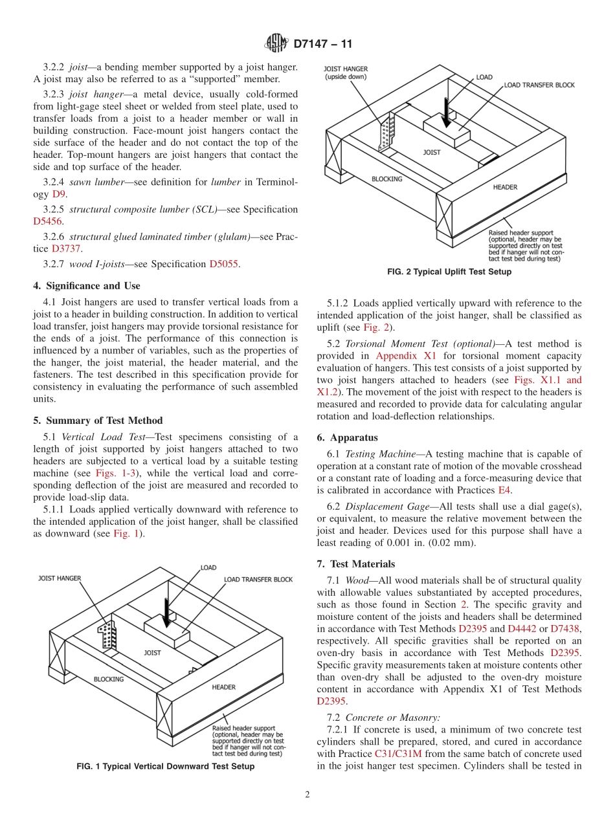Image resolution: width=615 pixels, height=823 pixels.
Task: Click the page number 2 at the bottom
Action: coord(307,795)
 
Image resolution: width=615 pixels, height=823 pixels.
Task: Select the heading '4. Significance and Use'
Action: coord(87,285)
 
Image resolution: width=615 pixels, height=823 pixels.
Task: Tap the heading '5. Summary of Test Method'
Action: coord(98,421)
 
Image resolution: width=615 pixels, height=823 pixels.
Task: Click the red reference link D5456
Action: coord(47,221)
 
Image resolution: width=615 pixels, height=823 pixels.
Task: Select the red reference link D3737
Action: coord(63,248)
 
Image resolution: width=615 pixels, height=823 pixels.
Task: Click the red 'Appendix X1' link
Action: coord(406,356)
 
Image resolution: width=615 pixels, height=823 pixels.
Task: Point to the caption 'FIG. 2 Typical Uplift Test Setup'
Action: coord(449,272)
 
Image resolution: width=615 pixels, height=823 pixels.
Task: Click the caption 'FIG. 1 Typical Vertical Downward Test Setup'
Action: coord(166,766)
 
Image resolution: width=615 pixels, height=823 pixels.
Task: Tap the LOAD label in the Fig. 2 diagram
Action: coord(484,77)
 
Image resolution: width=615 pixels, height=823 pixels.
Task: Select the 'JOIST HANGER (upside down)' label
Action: coord(346,72)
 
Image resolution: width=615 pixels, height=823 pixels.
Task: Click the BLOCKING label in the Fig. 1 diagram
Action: coord(109,679)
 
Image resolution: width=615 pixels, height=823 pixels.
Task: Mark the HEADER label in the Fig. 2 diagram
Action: coord(505,187)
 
